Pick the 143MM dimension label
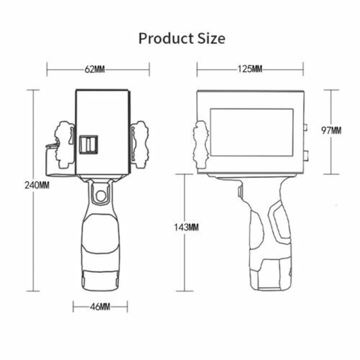click(186, 228)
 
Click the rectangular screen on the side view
click(251, 135)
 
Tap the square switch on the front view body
click(89, 145)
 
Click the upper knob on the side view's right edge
click(305, 129)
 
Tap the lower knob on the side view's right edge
click(305, 154)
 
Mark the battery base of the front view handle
click(101, 277)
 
